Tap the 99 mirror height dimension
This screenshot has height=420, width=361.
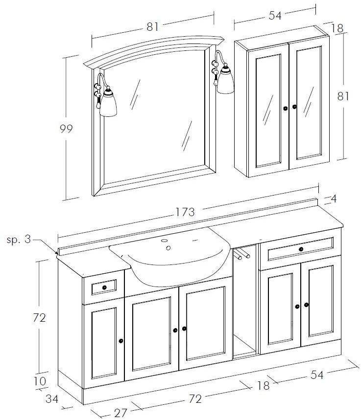point(66,129)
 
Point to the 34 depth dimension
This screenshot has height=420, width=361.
point(52,399)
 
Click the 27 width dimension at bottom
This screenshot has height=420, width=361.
point(120,412)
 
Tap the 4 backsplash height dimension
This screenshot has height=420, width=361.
point(334,199)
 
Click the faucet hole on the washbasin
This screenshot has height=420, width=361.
point(168,247)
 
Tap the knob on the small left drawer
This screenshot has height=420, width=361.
point(104,287)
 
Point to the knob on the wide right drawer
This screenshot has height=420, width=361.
point(300,249)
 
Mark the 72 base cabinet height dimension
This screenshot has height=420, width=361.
point(39,318)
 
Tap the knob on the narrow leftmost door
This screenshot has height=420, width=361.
point(120,340)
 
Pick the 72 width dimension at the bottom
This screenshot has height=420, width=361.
point(195,399)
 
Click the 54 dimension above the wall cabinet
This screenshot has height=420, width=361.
point(275,16)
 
